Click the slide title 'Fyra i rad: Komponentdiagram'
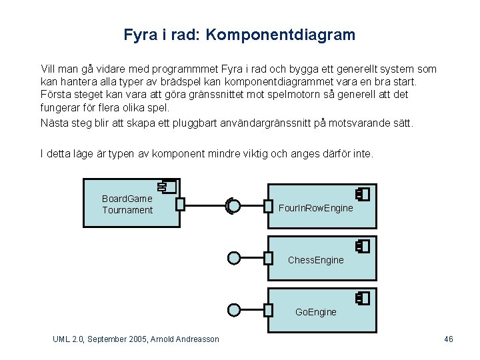[239, 34]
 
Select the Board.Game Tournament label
[127, 204]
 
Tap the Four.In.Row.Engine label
[316, 209]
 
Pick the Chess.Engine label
[316, 260]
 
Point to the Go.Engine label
[316, 312]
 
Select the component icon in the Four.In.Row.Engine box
[362, 194]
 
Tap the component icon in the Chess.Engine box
[362, 246]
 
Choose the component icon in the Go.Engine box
[362, 298]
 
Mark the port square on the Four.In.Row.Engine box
[268, 206]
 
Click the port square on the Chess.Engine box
[268, 257]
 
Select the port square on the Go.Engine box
[268, 309]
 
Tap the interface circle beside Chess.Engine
[234, 257]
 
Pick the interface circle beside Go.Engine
[234, 309]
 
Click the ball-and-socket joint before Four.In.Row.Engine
[233, 206]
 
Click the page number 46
[449, 339]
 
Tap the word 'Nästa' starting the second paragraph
[53, 123]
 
